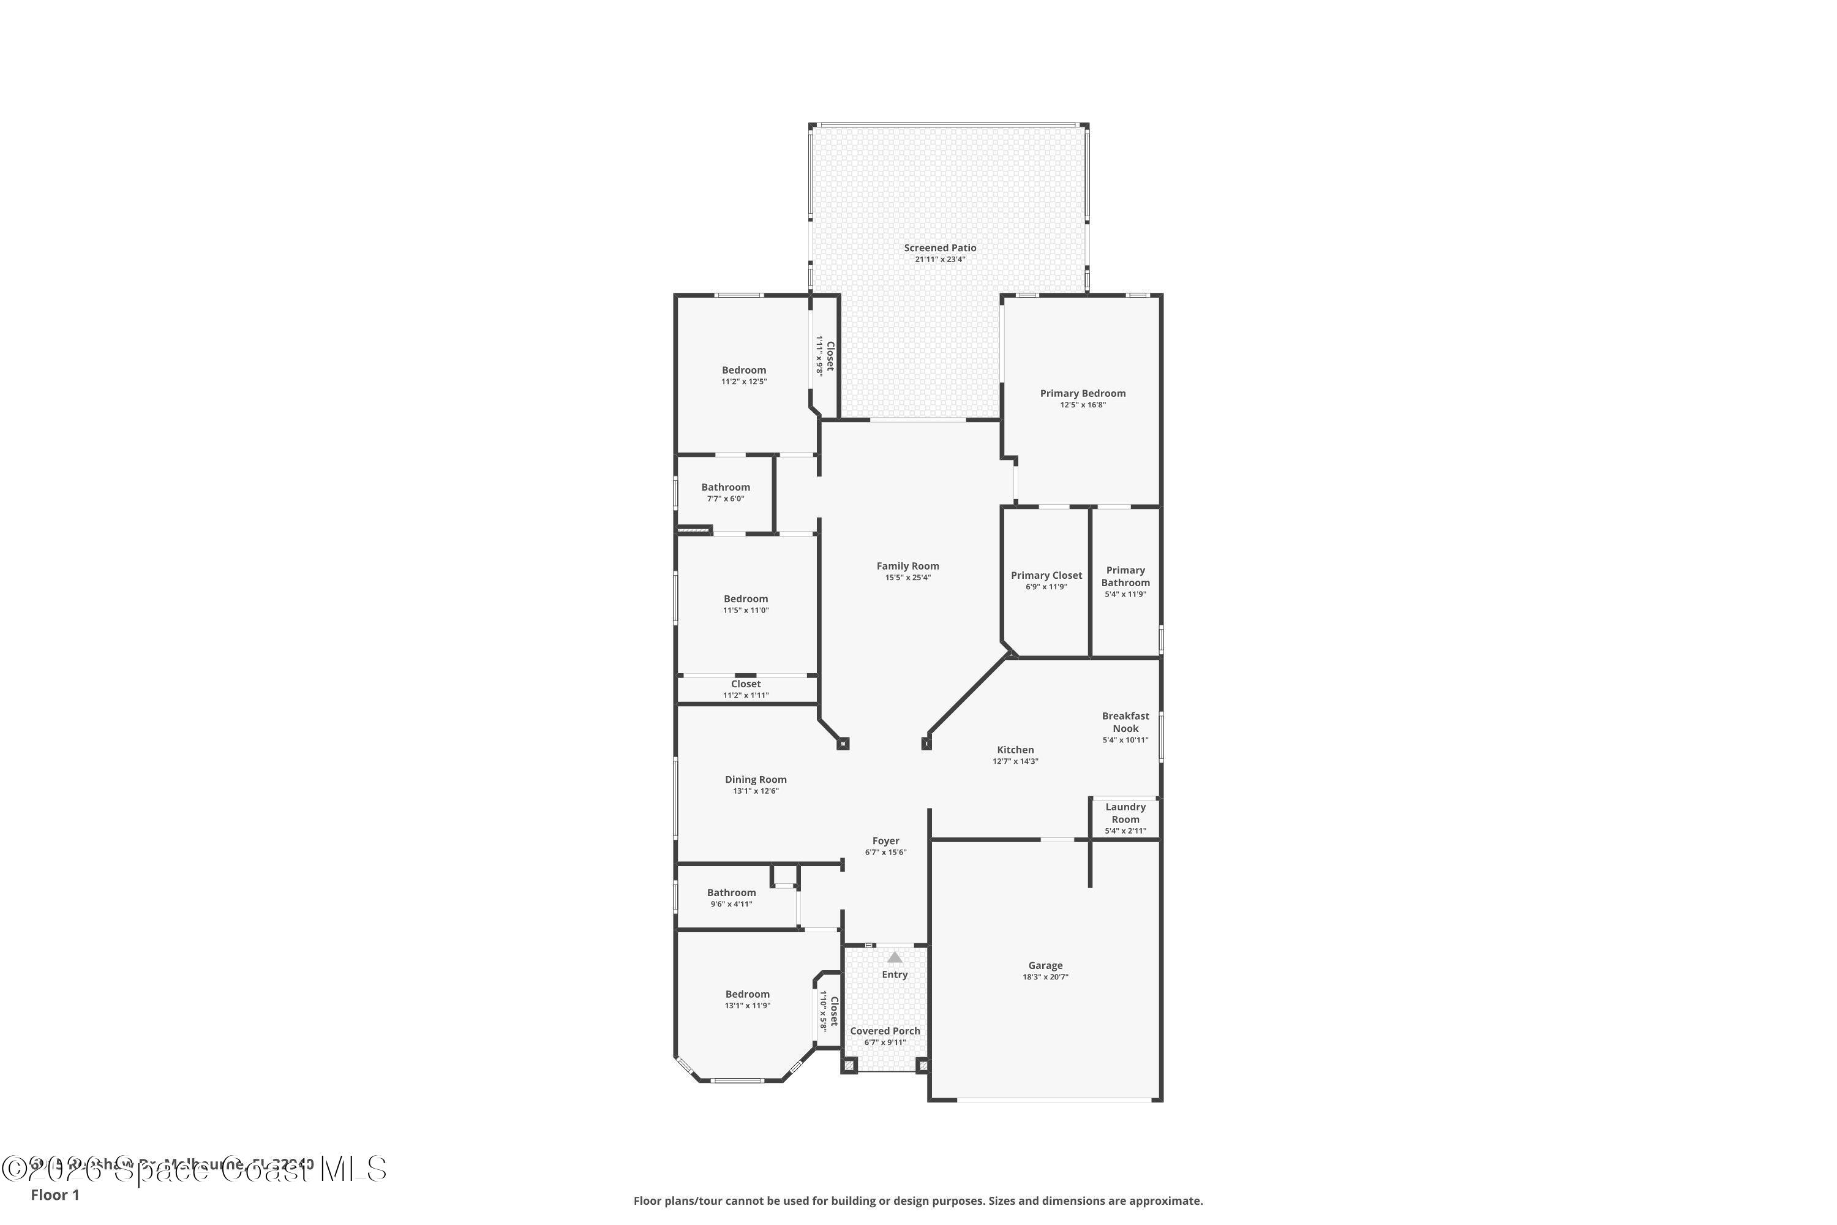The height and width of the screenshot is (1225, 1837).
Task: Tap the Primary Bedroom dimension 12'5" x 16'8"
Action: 1083,405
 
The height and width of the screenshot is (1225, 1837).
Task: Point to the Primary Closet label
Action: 1046,576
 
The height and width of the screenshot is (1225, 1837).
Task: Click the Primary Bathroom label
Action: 1125,576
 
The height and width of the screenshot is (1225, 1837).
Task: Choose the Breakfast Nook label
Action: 1125,722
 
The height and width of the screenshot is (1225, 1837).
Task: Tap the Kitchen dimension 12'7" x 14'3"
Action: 1015,761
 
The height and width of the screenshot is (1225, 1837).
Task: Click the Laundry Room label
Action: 1125,813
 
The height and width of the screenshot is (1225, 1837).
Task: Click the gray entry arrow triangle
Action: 894,957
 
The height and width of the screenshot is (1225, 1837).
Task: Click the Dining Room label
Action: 755,780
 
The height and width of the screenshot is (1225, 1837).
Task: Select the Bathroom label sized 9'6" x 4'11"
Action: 731,893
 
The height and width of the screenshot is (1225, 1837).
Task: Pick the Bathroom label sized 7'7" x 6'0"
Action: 725,488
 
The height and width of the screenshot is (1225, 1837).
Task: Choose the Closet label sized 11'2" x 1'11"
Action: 745,684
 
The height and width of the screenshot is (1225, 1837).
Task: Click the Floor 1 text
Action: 54,1194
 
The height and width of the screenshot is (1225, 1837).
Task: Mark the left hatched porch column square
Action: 850,1066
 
